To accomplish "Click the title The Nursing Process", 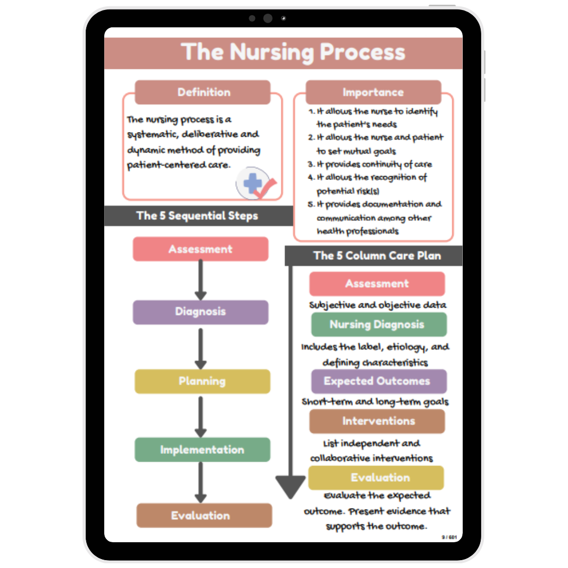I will pos(293,53).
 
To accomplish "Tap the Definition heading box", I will pos(203,92).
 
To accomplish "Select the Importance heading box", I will pos(373,92).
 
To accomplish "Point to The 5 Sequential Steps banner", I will pos(197,216).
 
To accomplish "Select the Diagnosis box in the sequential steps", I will pos(200,312).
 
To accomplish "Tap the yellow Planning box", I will pos(202,381).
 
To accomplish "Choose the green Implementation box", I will pos(202,450).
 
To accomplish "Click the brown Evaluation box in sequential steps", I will pos(204,515).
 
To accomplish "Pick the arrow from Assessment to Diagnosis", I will pos(200,280).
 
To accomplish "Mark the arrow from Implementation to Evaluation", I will pos(200,482).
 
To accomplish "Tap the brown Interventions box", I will pos(377,421).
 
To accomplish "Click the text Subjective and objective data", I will pos(378,305).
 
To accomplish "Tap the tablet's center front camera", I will pos(268,18).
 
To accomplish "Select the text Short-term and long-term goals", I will pos(375,402).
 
